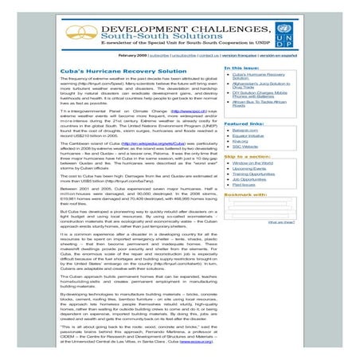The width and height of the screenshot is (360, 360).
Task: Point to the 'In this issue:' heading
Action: tap(243, 68)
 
